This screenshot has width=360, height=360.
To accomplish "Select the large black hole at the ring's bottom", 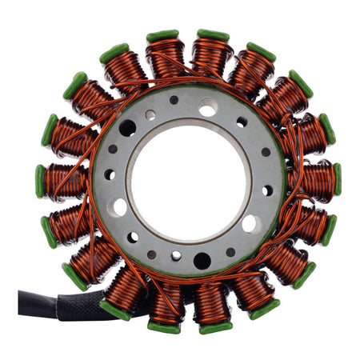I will pos(202,261).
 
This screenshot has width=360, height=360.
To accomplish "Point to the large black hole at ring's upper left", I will pos(128,128).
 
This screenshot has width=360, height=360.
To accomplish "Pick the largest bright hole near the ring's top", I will pos(207,106).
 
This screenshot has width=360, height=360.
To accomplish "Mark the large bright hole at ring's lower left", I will pos(120,207).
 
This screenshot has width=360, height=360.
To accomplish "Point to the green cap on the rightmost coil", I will pos(338,179).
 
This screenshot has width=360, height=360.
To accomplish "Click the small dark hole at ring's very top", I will pos(174,100).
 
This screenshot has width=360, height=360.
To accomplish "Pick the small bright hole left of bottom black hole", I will pos(176,257).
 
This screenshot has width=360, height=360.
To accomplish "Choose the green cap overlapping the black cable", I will pos(114,310).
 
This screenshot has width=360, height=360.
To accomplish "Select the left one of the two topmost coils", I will pos(165,58).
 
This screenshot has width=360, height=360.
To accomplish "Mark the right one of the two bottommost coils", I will pos(211,302).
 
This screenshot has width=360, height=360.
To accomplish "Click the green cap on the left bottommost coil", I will pos(163,327).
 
